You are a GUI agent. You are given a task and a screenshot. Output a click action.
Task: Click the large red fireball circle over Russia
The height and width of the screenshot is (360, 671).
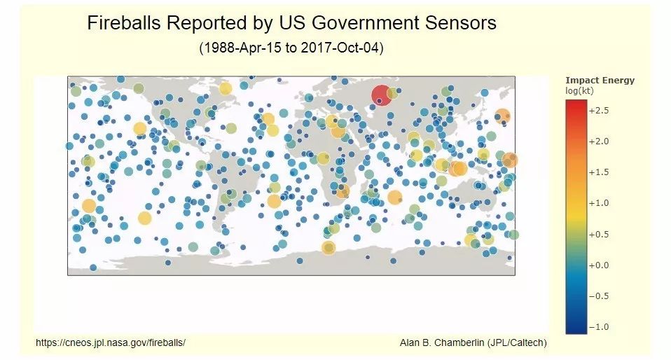[381, 95]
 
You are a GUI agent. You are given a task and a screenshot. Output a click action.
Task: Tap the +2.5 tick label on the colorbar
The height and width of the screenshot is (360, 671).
[598, 111]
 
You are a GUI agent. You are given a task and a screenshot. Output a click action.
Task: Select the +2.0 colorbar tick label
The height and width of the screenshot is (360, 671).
[598, 141]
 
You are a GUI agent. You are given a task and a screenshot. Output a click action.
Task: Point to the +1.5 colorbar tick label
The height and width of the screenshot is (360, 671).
[598, 172]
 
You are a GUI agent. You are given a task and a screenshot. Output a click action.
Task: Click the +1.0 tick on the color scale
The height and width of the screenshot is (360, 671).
[598, 203]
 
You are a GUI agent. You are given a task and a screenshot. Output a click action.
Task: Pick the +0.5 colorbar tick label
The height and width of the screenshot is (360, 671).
[598, 234]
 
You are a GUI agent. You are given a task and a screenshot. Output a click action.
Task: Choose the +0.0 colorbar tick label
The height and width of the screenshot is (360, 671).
[598, 265]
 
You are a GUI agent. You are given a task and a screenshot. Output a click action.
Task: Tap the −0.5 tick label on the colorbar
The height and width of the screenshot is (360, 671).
[598, 296]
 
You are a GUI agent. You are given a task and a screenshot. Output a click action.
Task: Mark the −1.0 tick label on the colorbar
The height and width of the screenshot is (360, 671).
[598, 326]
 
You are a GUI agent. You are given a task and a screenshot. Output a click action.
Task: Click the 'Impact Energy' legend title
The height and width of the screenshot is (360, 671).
[600, 81]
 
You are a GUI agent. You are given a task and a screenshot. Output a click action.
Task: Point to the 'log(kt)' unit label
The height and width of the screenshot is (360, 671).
[579, 91]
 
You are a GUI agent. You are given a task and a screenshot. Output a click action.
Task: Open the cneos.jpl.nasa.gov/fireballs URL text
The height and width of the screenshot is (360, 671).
[111, 342]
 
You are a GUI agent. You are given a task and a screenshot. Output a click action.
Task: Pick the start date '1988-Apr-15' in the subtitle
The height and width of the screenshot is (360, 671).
[246, 48]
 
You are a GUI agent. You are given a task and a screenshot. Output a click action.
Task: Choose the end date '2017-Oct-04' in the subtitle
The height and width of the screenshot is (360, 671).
[340, 48]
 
